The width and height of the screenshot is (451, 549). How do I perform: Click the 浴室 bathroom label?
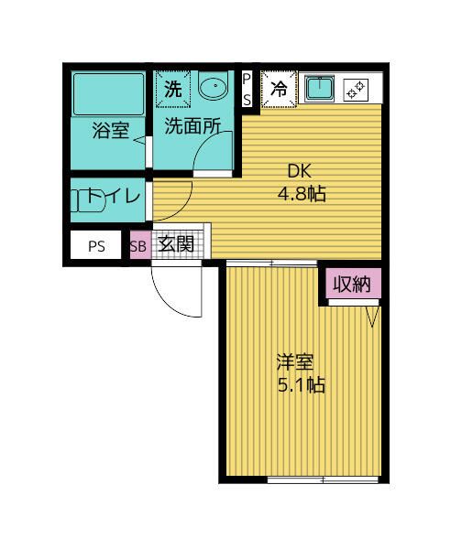(x=110, y=131)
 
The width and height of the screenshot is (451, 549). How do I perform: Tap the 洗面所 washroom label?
(x=192, y=129)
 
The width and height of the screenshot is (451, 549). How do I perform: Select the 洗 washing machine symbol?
(x=172, y=90)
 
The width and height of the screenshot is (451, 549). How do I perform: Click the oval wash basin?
(x=214, y=89)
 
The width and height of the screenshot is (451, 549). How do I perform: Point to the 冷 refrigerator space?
(x=278, y=90)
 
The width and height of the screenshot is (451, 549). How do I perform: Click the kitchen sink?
(x=318, y=90)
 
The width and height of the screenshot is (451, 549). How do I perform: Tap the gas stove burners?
(x=355, y=90)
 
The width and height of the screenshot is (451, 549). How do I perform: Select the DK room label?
(x=301, y=170)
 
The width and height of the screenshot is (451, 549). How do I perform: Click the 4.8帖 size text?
(x=302, y=194)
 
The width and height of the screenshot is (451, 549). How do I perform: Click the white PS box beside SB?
(x=96, y=245)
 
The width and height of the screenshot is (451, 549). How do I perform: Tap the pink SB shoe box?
(x=138, y=245)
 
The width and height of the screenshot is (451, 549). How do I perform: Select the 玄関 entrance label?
(x=174, y=244)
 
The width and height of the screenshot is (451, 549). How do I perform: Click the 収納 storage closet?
(x=351, y=284)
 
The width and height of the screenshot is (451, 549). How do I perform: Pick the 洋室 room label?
(x=298, y=361)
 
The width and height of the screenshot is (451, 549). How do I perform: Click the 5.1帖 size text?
(x=300, y=384)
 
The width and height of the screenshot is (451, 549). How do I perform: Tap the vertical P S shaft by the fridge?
(x=247, y=90)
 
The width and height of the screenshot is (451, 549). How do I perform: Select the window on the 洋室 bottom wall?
(x=321, y=479)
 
